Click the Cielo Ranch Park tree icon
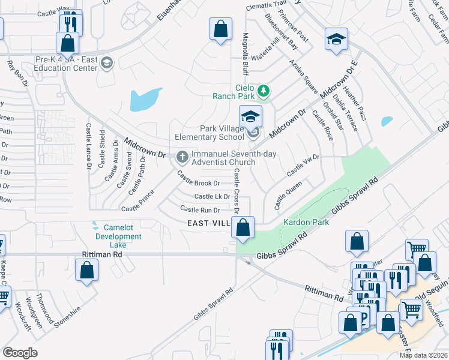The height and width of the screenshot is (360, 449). [x=263, y=91]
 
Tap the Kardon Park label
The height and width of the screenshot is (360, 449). [x=301, y=222]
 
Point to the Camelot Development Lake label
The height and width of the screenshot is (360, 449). [x=113, y=232]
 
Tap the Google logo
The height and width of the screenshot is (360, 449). [x=20, y=353]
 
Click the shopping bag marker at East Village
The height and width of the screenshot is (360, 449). [x=243, y=227]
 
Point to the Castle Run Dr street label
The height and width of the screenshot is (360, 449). [x=200, y=209]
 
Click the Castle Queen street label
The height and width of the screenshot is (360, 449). [x=288, y=196]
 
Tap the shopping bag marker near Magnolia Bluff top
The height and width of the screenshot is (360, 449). [x=220, y=29]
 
